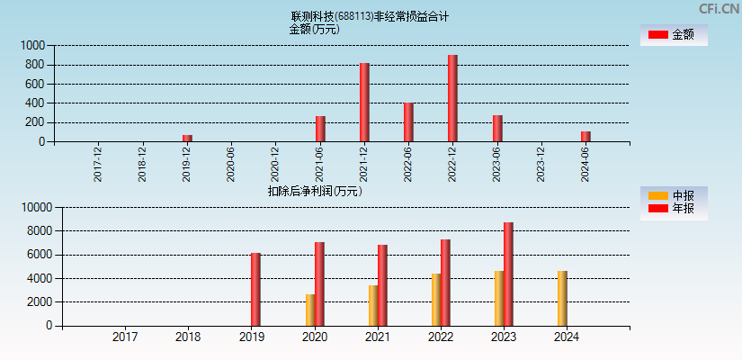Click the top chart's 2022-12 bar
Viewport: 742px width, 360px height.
click(452, 98)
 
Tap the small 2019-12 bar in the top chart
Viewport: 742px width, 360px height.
click(187, 138)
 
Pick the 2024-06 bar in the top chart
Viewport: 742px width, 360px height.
click(586, 136)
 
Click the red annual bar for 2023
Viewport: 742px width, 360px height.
click(508, 274)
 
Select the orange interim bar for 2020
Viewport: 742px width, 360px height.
click(310, 310)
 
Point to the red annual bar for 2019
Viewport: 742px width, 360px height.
click(255, 289)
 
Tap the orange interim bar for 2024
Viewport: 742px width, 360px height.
click(562, 298)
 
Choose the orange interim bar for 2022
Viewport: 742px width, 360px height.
click(436, 299)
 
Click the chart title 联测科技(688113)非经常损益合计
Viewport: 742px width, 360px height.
click(370, 16)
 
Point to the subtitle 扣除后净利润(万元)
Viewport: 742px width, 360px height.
click(315, 191)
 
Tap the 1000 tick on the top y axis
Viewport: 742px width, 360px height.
click(33, 45)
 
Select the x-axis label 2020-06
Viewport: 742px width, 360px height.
click(231, 165)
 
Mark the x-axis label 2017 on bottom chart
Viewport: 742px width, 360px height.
click(125, 337)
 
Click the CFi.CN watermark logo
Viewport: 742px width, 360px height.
click(720, 8)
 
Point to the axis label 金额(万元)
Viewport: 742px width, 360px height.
click(314, 29)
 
